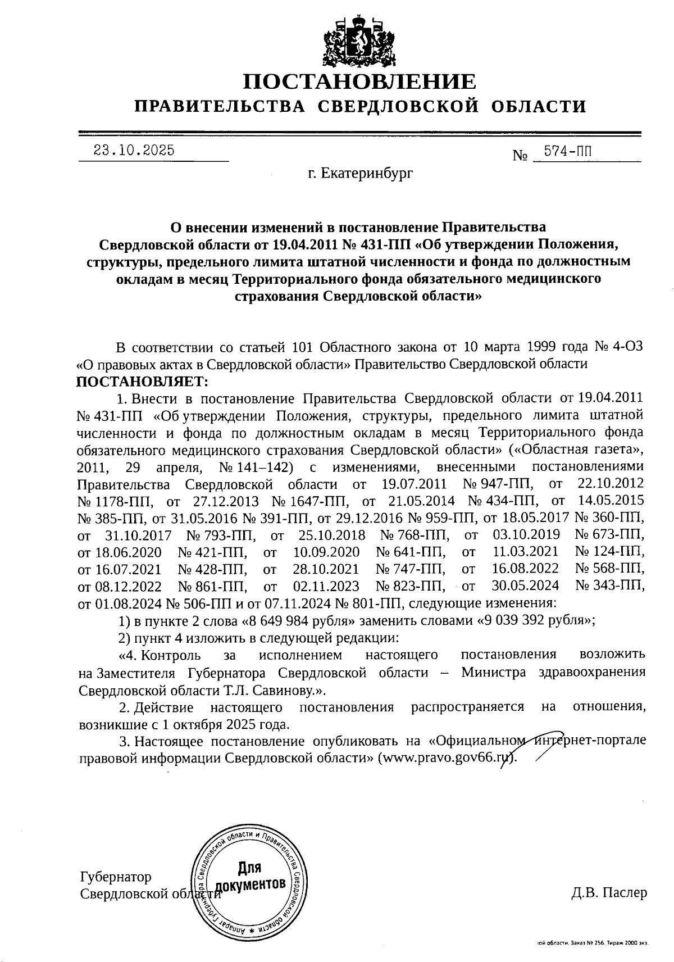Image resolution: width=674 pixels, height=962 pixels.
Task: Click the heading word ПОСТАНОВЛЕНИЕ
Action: tap(359, 82)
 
